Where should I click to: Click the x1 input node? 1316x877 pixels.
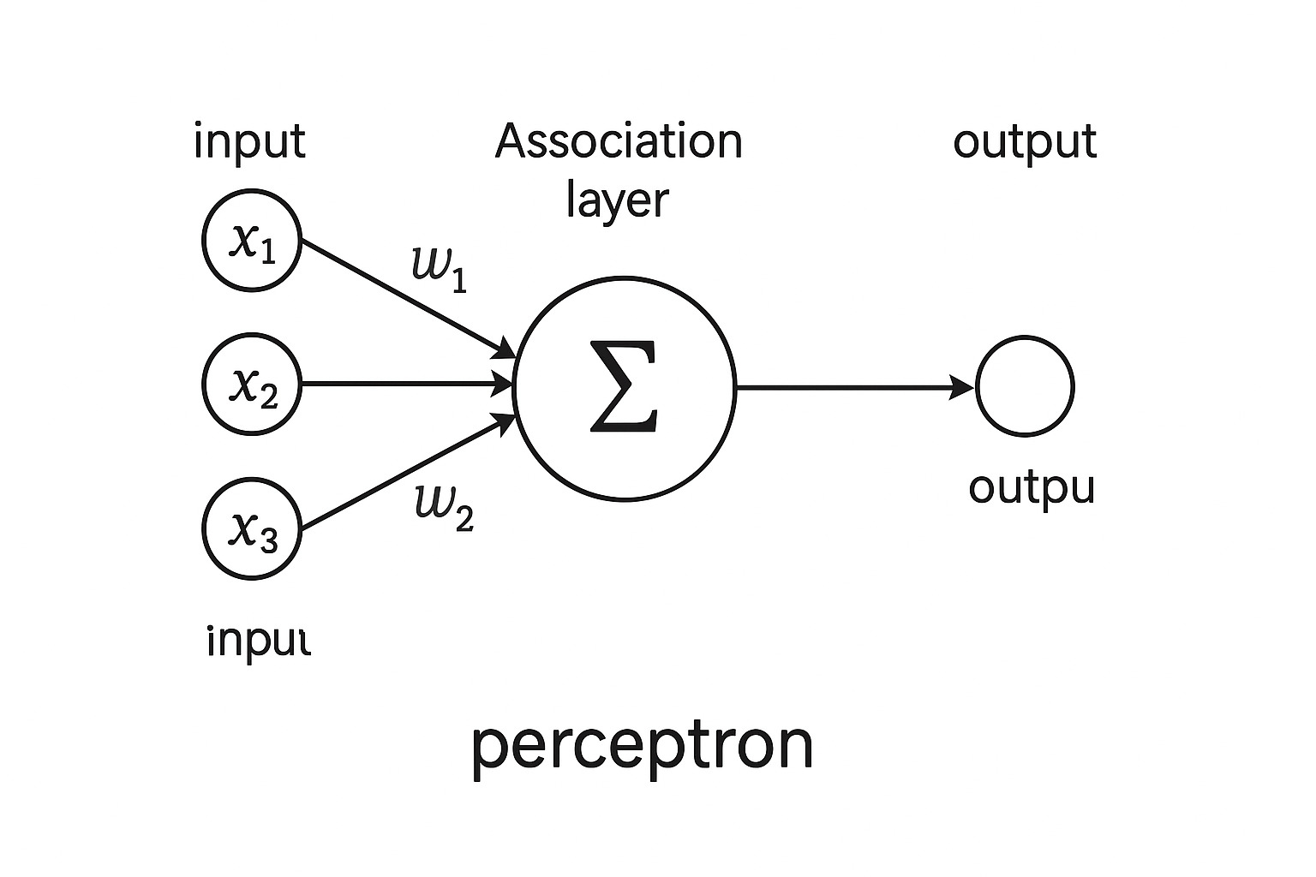[x=252, y=241]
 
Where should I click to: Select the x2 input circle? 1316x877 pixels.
[x=252, y=385]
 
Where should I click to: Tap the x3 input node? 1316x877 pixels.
[x=252, y=528]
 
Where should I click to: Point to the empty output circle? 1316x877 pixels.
[x=1025, y=386]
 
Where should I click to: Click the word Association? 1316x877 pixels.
[x=619, y=141]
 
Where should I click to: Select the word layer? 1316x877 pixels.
[x=617, y=201]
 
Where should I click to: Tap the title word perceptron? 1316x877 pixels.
[x=642, y=745]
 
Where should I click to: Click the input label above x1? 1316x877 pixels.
[x=249, y=141]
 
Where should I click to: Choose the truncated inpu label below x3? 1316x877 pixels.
[x=257, y=640]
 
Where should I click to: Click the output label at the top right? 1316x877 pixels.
[x=1025, y=141]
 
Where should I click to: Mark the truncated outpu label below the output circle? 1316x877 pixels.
[x=1032, y=489]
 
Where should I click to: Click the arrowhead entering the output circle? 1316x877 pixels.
[x=965, y=388]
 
